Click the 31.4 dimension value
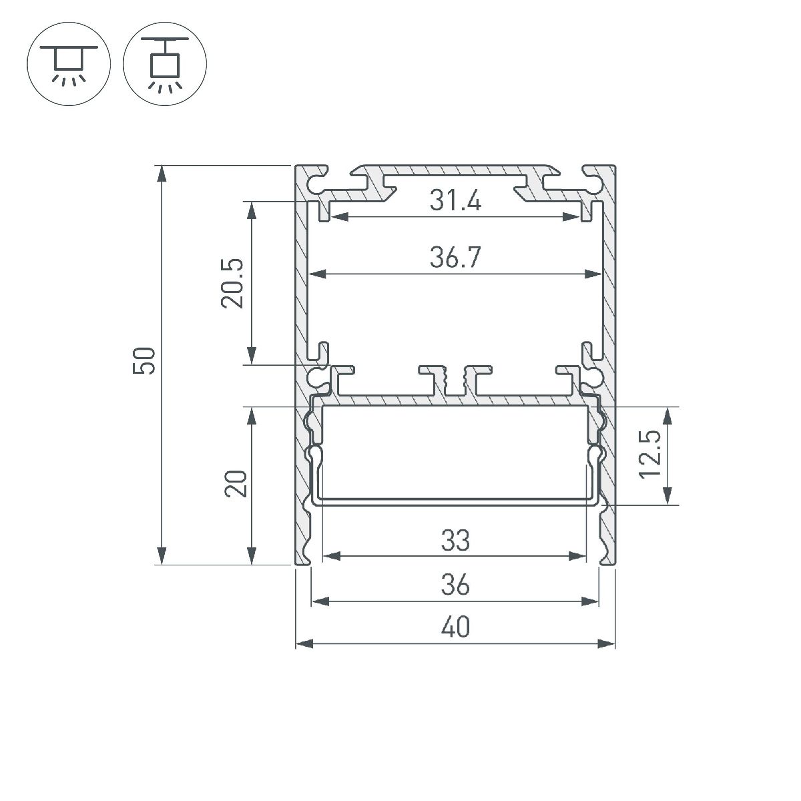tap(455, 200)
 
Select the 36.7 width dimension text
tap(455, 258)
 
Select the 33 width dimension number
tap(455, 541)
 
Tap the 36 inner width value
tap(455, 585)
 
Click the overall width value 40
tap(455, 627)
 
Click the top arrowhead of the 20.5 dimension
tap(252, 209)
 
